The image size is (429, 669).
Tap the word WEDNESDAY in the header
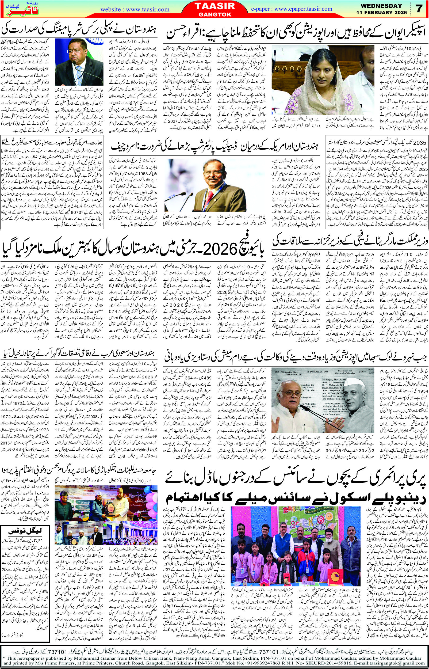(x=384, y=6)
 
